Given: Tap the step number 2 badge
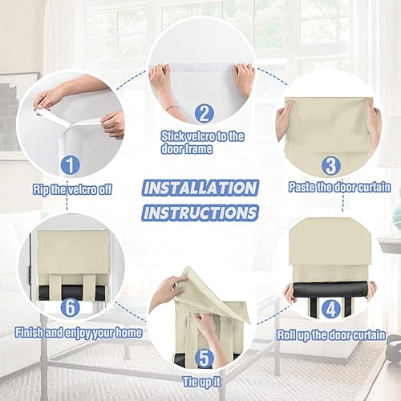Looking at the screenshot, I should pyautogui.click(x=205, y=114).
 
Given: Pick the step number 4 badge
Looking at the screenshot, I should pyautogui.click(x=330, y=308).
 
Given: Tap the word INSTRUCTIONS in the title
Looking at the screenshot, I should pyautogui.click(x=200, y=213).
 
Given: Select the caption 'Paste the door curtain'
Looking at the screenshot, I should pyautogui.click(x=339, y=187).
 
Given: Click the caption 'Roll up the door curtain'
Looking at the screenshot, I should pyautogui.click(x=331, y=333).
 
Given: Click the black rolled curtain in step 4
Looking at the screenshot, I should pyautogui.click(x=330, y=287).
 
